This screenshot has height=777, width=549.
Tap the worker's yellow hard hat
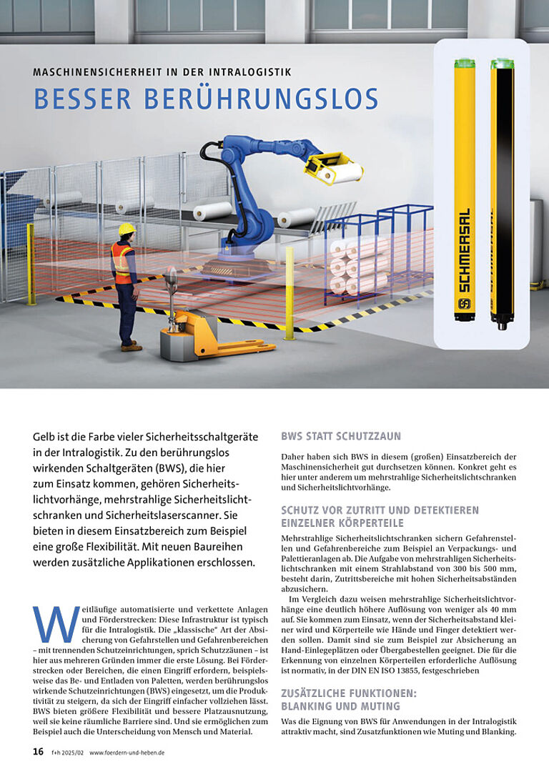[127, 229]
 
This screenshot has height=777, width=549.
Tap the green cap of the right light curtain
[502, 64]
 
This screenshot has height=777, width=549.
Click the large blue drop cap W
[56, 624]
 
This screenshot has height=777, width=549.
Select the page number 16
[39, 751]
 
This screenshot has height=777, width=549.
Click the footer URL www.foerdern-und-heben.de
[127, 752]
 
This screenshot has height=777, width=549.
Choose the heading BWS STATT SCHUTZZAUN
[341, 435]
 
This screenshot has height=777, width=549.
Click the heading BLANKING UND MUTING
[331, 706]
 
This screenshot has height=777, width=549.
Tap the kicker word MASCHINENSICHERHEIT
[90, 72]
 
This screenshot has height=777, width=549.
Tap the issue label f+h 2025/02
[66, 752]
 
